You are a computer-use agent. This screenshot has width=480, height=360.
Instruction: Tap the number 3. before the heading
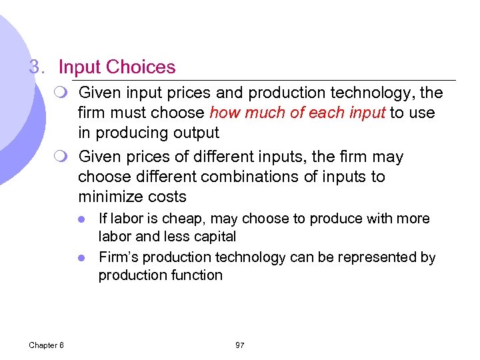(x=37, y=67)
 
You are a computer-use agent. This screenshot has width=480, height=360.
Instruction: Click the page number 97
(x=240, y=345)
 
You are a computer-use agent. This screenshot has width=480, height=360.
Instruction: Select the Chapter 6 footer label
(x=46, y=345)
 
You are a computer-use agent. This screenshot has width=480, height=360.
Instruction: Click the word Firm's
(x=117, y=257)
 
